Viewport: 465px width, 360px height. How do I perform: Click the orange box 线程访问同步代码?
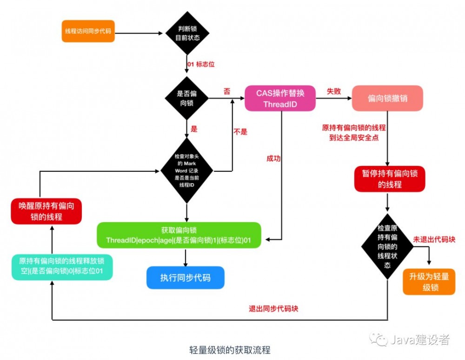(88, 31)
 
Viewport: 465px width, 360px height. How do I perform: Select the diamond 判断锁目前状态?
(187, 34)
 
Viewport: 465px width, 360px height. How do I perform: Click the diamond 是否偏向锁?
(187, 97)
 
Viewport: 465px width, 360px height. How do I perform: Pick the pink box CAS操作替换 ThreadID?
(280, 98)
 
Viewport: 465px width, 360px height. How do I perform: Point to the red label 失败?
(333, 92)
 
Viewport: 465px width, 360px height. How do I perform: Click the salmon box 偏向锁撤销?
(387, 98)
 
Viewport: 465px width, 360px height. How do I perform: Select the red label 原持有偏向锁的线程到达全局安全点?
(354, 132)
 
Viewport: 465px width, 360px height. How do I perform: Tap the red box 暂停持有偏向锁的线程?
(389, 179)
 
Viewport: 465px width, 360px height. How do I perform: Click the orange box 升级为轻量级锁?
(429, 281)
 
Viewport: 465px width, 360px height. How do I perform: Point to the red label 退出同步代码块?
(273, 309)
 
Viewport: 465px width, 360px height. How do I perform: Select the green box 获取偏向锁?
(179, 235)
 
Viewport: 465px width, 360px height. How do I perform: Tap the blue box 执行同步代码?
(186, 278)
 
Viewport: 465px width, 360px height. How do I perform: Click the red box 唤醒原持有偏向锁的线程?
(46, 211)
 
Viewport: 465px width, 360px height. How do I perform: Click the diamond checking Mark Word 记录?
(186, 170)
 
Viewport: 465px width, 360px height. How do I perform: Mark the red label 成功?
(274, 158)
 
